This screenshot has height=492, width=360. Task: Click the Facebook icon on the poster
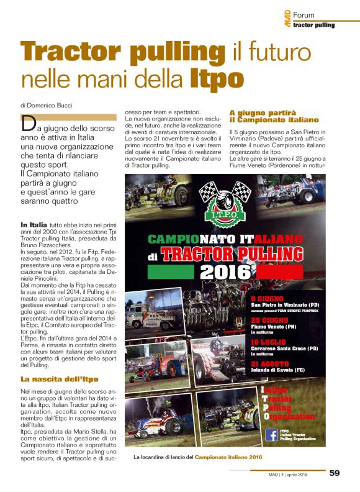click(271, 434)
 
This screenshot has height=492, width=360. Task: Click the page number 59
click(335, 473)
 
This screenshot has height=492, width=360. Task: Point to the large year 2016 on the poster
click(227, 271)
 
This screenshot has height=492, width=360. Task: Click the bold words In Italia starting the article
click(32, 224)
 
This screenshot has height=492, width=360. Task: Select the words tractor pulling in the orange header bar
click(313, 25)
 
